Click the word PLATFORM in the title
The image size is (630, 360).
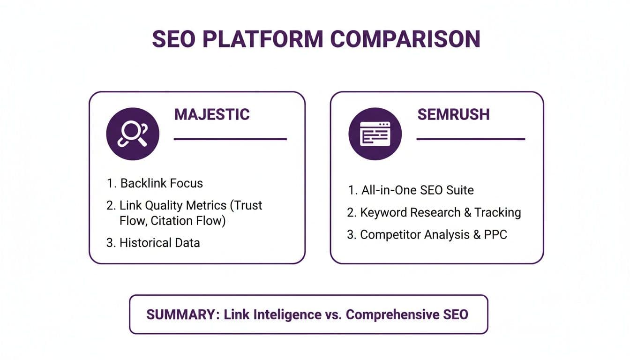click(263, 39)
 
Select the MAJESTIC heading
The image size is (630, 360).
click(212, 114)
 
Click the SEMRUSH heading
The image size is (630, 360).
click(453, 114)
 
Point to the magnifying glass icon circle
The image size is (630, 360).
click(133, 134)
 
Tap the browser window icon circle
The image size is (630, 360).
click(375, 134)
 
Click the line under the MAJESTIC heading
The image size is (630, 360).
click(230, 139)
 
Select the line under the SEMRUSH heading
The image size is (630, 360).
click(471, 139)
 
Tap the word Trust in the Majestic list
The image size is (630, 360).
click(247, 205)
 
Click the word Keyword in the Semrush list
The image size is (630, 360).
click(383, 212)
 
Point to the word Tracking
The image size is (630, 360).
click(497, 212)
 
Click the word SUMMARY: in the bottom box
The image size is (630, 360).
click(182, 315)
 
